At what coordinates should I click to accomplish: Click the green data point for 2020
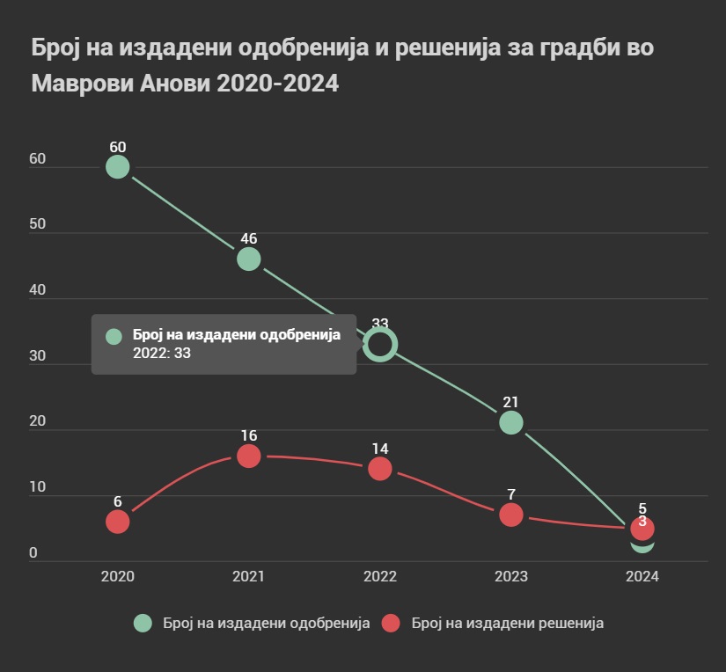pyautogui.click(x=117, y=167)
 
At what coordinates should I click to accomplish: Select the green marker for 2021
pyautogui.click(x=248, y=259)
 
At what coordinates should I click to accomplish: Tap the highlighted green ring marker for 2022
pyautogui.click(x=380, y=344)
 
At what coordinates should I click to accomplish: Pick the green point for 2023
pyautogui.click(x=511, y=423)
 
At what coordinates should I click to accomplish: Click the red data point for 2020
pyautogui.click(x=117, y=522)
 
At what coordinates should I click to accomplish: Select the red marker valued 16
pyautogui.click(x=248, y=456)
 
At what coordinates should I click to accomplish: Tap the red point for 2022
pyautogui.click(x=380, y=469)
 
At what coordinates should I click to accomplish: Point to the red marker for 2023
pyautogui.click(x=511, y=515)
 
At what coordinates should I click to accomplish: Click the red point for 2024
pyautogui.click(x=642, y=528)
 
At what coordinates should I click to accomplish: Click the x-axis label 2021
pyautogui.click(x=248, y=577)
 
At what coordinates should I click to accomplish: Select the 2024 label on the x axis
pyautogui.click(x=642, y=577)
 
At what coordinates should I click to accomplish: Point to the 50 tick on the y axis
pyautogui.click(x=38, y=225)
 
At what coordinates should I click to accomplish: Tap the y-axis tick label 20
pyautogui.click(x=38, y=422)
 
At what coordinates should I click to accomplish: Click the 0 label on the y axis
pyautogui.click(x=33, y=553)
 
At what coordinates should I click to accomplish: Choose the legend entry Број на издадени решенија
pyautogui.click(x=494, y=623)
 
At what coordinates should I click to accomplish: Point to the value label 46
pyautogui.click(x=248, y=238)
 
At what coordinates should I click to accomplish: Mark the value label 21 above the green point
pyautogui.click(x=511, y=402)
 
